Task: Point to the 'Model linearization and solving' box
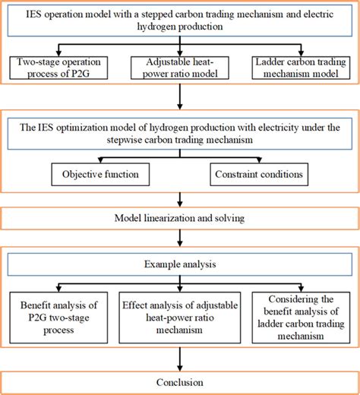tap(180, 218)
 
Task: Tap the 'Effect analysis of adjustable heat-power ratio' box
tap(180, 316)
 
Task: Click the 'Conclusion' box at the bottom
tap(180, 382)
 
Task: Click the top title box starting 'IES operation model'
tap(180, 20)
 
